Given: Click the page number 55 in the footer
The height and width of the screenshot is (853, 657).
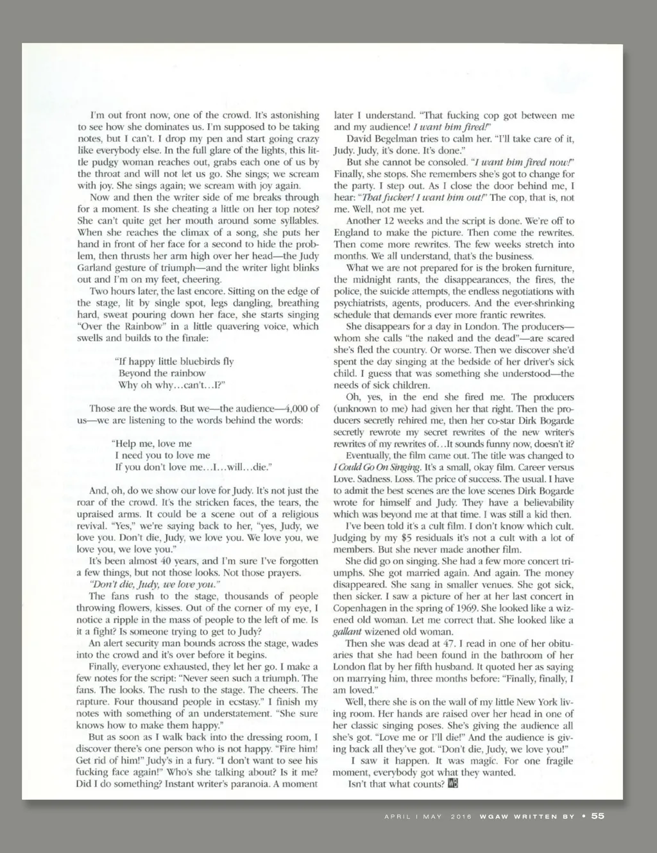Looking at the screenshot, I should point(598,816).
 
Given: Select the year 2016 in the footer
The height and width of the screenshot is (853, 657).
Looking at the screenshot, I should point(461,816).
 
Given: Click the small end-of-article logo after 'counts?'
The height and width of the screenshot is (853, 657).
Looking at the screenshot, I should point(453,784).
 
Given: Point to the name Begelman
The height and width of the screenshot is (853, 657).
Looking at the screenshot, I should point(397,139).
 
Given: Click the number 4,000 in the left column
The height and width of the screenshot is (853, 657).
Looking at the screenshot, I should point(290,409).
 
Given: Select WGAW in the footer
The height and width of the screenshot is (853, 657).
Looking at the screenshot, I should point(498,816).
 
